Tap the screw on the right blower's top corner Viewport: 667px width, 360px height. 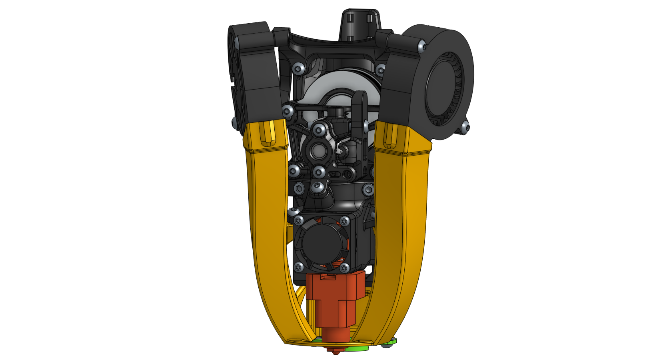(421, 46)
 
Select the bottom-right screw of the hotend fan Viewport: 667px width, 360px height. (344, 267)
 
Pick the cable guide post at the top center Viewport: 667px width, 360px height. (359, 24)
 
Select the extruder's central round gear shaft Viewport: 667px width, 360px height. (319, 151)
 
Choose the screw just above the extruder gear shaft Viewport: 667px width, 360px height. (319, 130)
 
